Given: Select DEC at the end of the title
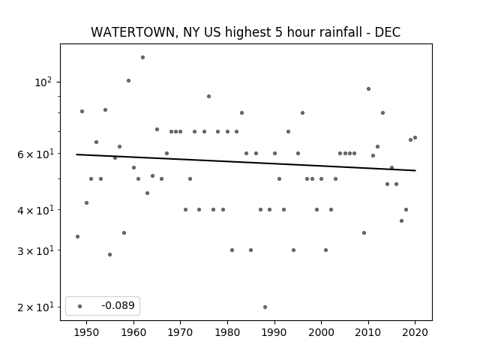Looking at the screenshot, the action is [x=388, y=32].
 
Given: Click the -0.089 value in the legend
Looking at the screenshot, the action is [x=118, y=305].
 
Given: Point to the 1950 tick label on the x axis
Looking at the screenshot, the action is [x=87, y=332].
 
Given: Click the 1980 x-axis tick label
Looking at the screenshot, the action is [x=227, y=332].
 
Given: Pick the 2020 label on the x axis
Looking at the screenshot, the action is [x=415, y=332].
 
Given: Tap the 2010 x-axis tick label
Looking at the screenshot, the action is [x=368, y=332].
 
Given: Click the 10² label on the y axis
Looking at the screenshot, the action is [x=43, y=82].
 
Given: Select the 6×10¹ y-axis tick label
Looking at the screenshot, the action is [x=35, y=154].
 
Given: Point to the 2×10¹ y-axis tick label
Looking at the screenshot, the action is [x=35, y=307].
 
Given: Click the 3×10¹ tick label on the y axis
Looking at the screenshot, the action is [x=35, y=250].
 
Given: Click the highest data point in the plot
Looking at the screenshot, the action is [x=142, y=58].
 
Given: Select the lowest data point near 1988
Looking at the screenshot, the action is [x=265, y=307].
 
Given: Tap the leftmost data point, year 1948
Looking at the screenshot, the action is [x=77, y=237].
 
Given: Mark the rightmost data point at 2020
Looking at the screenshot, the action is [x=415, y=138].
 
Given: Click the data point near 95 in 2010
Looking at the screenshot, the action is [x=368, y=89].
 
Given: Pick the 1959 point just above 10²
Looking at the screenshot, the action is [x=128, y=81].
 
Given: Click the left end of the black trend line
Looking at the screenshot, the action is [x=76, y=154].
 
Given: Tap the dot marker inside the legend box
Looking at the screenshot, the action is [x=80, y=307].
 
